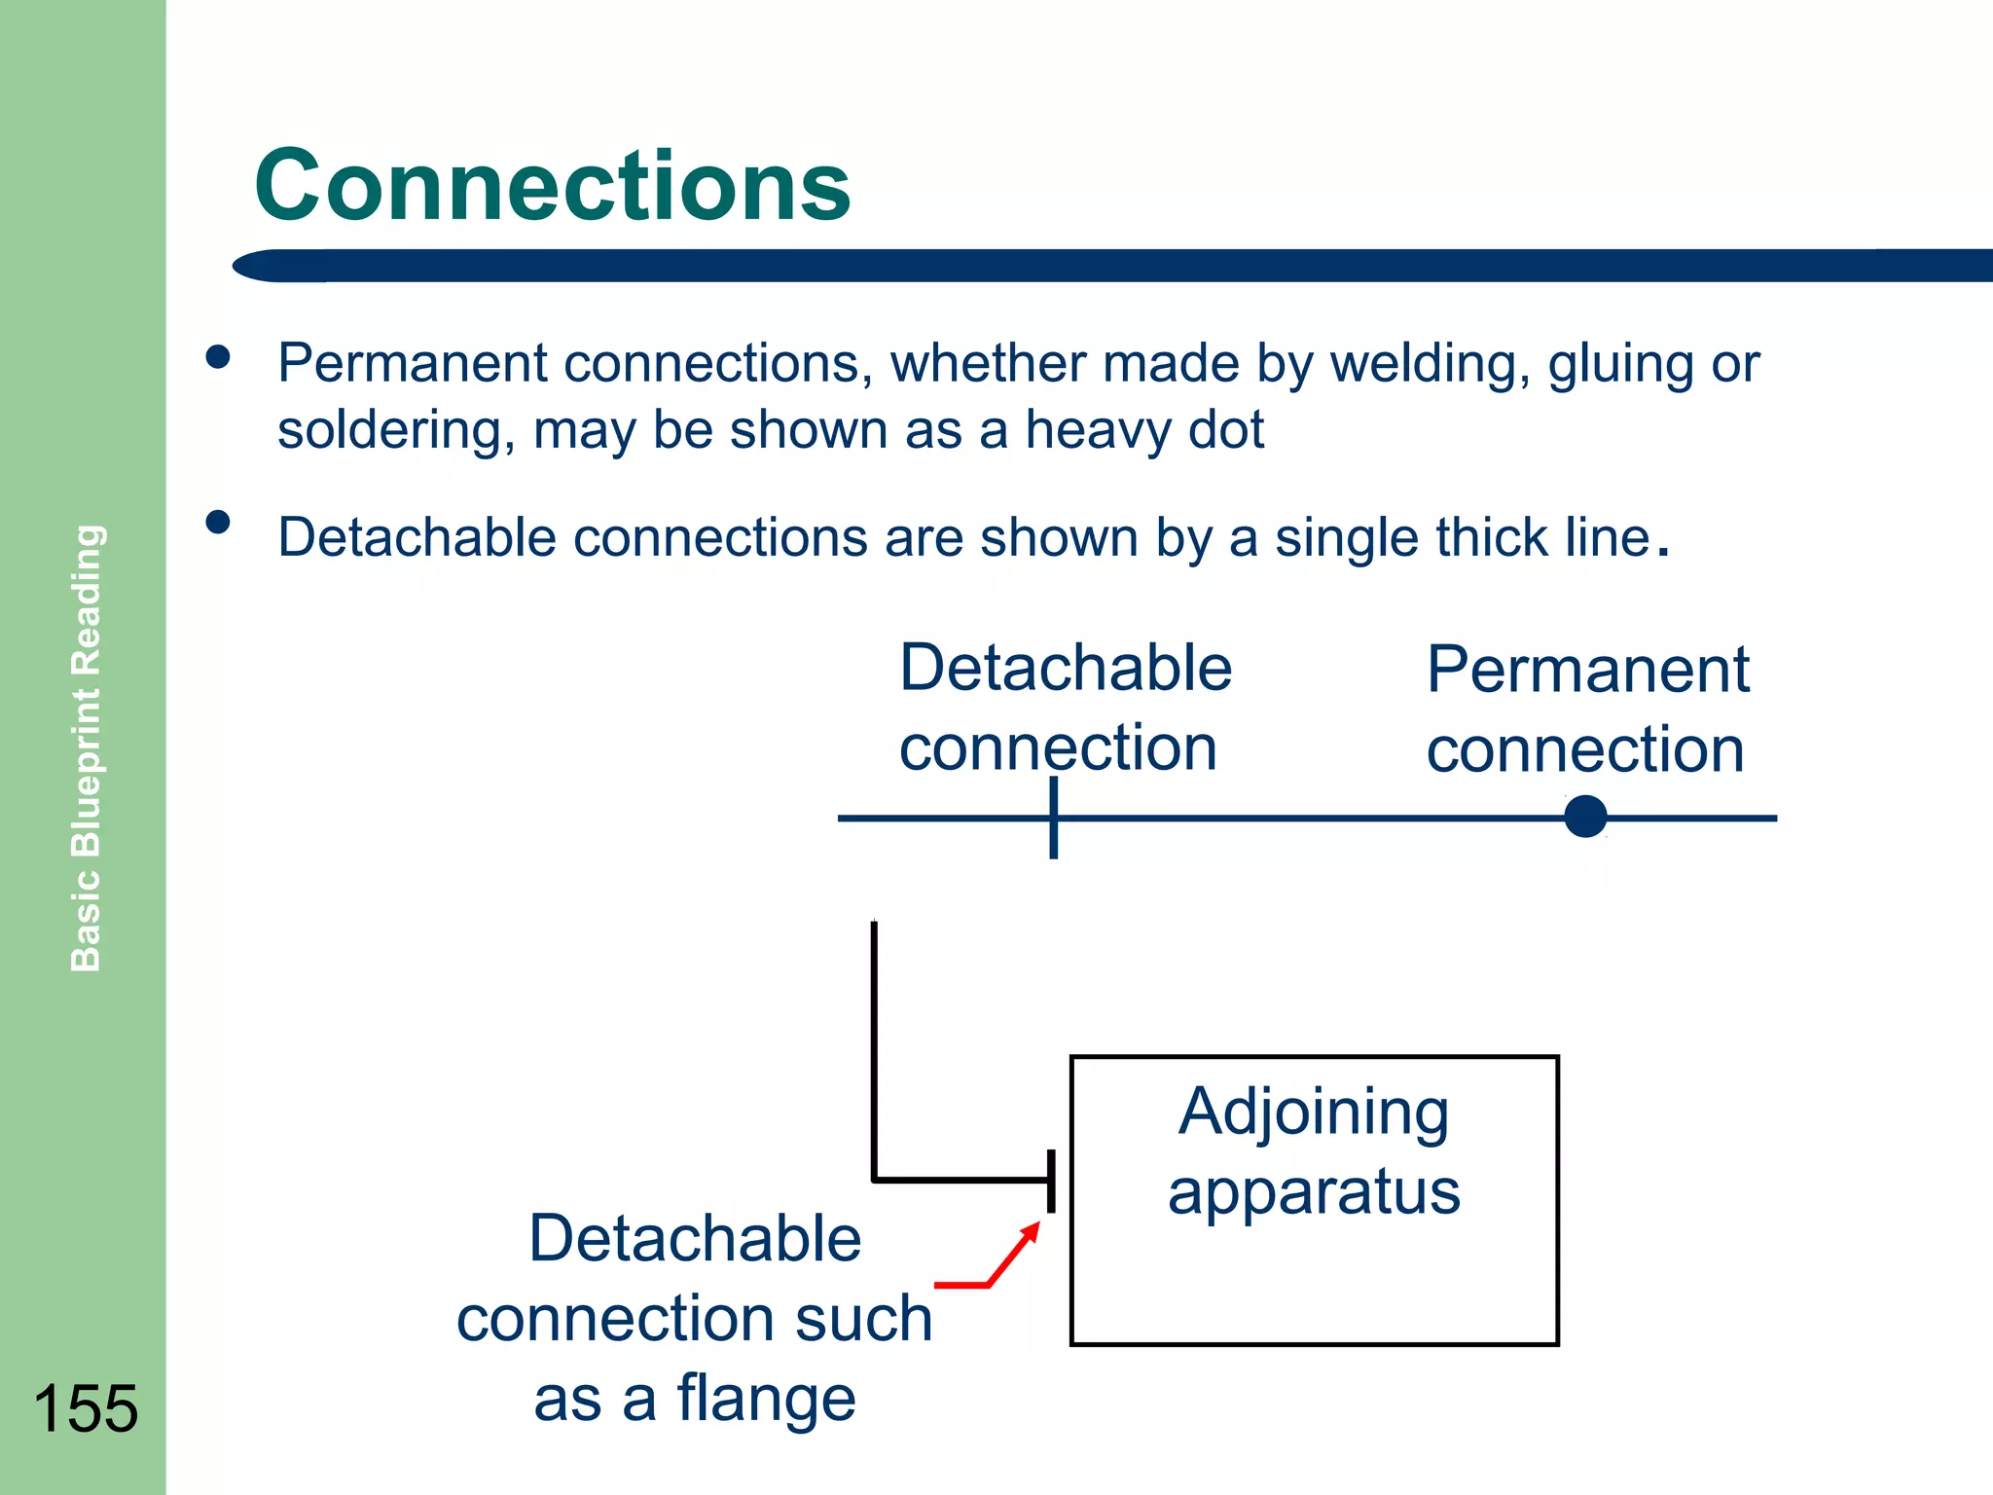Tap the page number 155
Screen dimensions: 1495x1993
86,1408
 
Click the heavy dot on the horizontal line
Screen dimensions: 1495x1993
1585,817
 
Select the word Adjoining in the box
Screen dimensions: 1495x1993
1314,1112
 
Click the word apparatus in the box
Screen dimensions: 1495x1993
1314,1193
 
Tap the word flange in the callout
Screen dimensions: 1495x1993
766,1399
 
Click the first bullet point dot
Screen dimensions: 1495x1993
218,357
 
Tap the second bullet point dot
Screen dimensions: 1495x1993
218,523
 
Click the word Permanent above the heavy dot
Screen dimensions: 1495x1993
1587,671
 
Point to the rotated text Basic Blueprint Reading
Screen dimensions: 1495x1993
87,747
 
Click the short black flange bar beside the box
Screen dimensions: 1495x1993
1051,1181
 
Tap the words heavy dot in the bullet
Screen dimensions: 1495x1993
1144,430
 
